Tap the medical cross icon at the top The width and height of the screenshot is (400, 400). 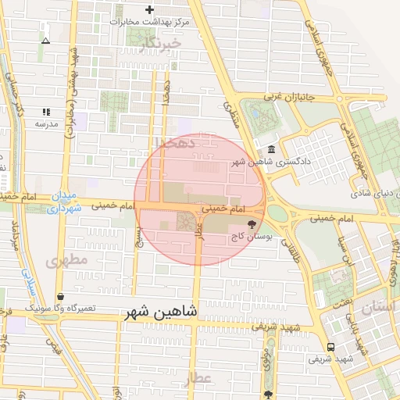tap(149, 9)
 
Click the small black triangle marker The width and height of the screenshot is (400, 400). tap(45, 40)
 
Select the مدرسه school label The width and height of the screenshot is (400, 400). tap(45, 124)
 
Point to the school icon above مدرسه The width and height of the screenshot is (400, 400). tap(45, 112)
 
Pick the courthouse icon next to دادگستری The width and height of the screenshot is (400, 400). tap(271, 149)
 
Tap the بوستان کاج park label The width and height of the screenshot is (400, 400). tap(247, 236)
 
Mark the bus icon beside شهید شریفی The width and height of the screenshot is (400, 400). tap(330, 347)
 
